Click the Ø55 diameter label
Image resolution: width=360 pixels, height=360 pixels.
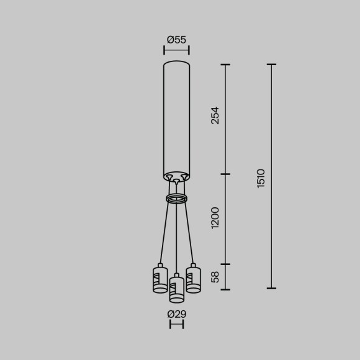176,40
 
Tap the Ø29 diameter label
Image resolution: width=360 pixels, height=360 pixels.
176,314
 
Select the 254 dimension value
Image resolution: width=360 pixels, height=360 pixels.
215,115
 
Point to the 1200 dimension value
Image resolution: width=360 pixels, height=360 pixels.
215,218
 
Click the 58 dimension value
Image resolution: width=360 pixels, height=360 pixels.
215,277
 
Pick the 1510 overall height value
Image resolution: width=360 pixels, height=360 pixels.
261,178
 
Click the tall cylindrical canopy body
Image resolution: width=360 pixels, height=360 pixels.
176,118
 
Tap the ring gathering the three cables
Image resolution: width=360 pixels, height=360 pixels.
177,199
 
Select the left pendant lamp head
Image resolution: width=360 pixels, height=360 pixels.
160,279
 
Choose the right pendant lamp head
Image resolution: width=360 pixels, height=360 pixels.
194,279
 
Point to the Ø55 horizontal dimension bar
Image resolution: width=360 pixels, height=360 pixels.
176,50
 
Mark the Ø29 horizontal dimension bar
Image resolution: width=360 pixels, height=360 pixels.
176,324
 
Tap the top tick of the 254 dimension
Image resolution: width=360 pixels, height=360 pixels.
225,65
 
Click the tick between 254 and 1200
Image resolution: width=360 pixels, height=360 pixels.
225,174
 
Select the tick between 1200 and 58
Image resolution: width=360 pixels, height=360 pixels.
225,264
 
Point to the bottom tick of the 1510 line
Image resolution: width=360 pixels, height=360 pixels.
272,289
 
